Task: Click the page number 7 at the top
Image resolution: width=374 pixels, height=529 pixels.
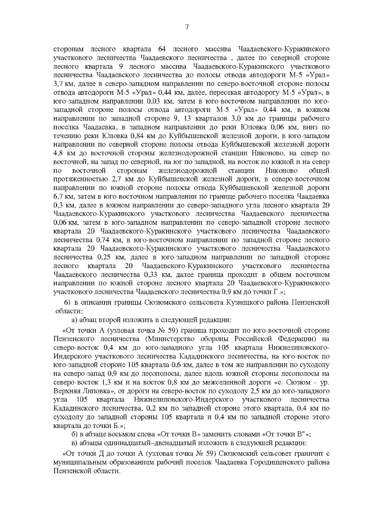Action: [x=187, y=27]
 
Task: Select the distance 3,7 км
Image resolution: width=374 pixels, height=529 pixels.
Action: [x=63, y=84]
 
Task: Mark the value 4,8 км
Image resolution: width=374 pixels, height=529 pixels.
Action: [x=63, y=153]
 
